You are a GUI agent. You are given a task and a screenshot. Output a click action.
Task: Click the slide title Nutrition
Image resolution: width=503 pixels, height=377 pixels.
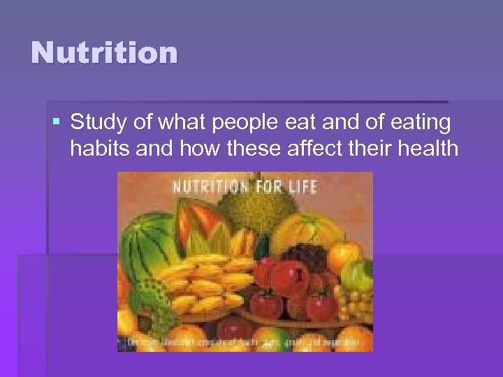(x=104, y=53)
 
